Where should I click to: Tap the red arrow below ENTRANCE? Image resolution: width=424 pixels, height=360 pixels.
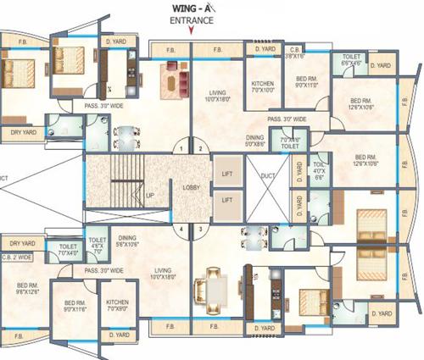tap(192, 30)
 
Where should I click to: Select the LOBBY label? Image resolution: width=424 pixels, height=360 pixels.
tap(191, 188)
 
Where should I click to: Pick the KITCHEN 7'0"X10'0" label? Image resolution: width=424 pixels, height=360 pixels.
tap(262, 87)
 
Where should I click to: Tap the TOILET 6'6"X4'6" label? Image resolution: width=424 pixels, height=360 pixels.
tap(351, 59)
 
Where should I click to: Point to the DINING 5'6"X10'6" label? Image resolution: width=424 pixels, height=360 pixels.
tap(128, 241)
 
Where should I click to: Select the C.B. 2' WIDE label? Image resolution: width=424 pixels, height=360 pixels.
tap(17, 256)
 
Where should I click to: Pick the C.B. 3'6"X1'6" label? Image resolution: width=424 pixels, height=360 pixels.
tap(295, 53)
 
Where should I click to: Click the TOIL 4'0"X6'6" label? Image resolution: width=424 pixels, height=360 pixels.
tap(320, 169)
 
